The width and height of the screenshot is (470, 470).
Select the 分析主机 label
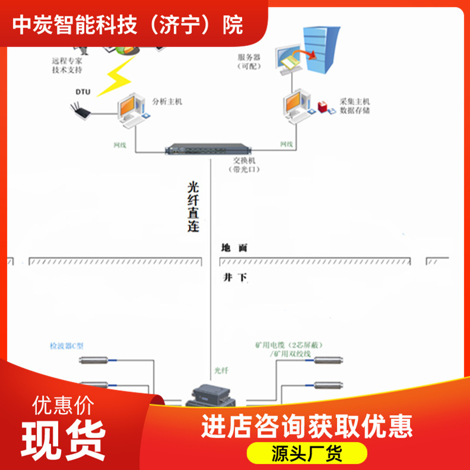(x=167, y=101)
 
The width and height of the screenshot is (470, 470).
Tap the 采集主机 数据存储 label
(x=355, y=106)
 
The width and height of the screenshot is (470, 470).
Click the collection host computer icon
(x=296, y=106)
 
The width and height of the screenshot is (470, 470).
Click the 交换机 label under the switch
(x=246, y=164)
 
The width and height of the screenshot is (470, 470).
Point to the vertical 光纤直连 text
(x=193, y=206)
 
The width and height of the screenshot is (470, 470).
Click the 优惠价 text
(x=63, y=405)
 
